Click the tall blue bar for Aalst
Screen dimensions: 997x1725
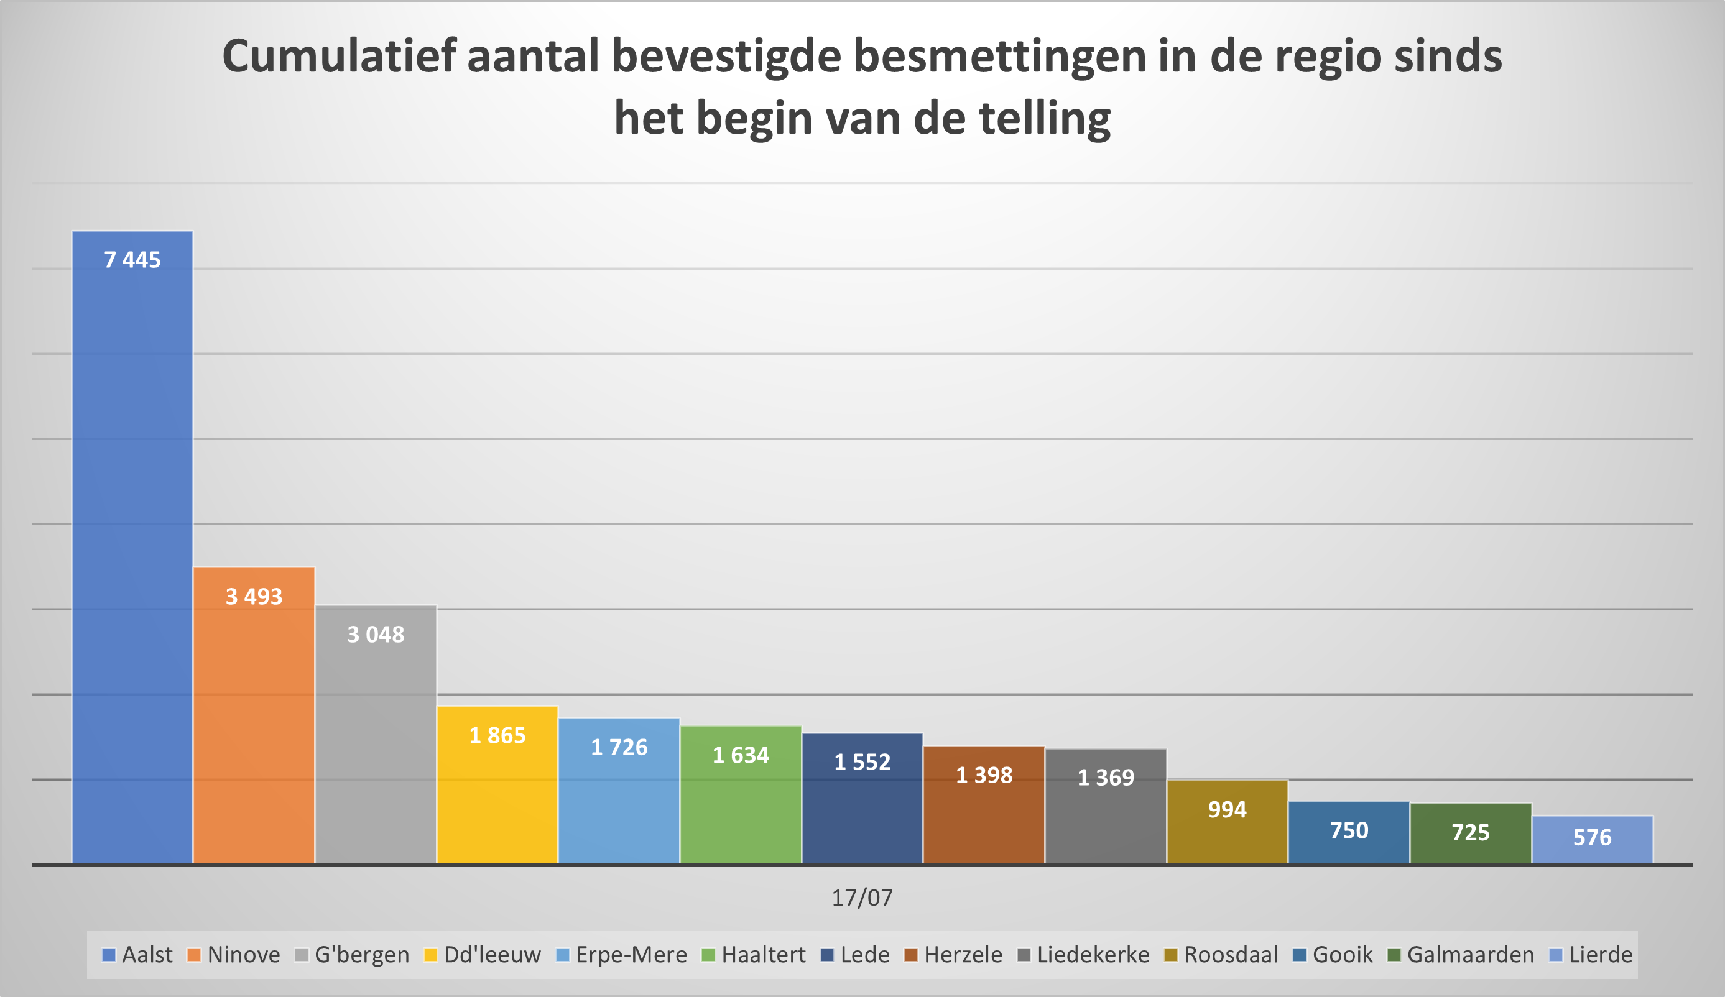point(132,548)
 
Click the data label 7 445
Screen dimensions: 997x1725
point(132,260)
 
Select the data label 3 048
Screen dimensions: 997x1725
point(376,635)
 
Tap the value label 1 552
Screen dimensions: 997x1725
point(863,762)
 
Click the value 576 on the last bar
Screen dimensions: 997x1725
point(1592,837)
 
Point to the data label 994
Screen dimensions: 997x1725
point(1228,809)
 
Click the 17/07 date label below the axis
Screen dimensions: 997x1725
point(862,898)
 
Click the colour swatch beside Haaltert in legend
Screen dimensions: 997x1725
point(708,955)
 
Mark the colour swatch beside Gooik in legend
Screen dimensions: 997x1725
point(1299,955)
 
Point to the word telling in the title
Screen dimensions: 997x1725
point(1045,118)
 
